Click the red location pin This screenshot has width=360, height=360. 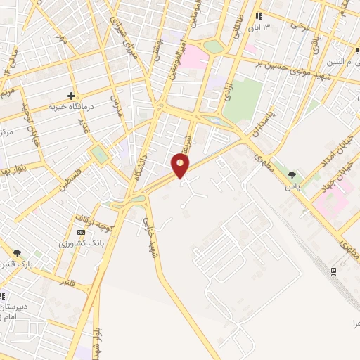point(181,166)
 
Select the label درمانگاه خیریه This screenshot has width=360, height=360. point(70,107)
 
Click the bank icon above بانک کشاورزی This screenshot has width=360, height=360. point(82,232)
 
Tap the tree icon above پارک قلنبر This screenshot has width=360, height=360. point(18,253)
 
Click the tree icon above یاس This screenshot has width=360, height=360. point(292,176)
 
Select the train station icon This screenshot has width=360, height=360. point(333,271)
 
